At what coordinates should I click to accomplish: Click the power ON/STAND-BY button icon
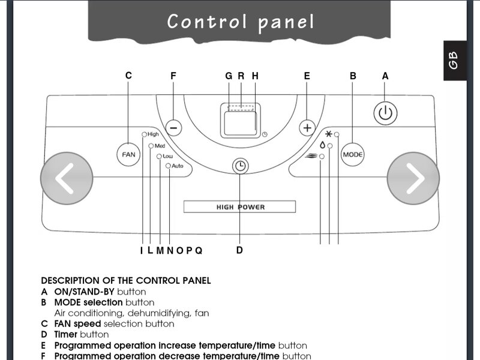[386, 113]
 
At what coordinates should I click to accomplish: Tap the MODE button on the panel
[353, 154]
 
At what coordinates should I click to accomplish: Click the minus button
[173, 127]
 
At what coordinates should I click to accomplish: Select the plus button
[307, 127]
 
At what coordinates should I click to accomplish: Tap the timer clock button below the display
[240, 166]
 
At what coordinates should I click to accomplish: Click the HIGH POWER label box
[240, 207]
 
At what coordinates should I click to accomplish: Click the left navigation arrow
[67, 178]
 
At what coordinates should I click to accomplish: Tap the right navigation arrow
[413, 178]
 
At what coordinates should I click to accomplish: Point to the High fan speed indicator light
[144, 135]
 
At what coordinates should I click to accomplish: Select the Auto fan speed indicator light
[168, 166]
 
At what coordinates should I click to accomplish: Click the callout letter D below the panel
[239, 250]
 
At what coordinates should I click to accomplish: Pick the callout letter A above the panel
[385, 76]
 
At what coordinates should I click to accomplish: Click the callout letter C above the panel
[128, 76]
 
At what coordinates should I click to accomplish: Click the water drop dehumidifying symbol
[322, 145]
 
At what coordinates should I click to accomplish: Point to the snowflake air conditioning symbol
[329, 133]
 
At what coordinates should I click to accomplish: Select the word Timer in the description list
[65, 334]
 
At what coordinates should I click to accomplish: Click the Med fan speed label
[160, 146]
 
